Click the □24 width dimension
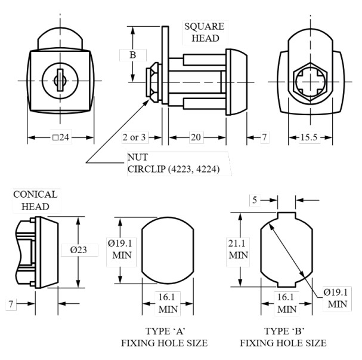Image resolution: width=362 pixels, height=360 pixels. tap(61, 138)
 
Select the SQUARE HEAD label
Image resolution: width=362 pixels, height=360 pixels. tap(204, 32)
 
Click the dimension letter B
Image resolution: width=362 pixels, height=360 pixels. tap(133, 55)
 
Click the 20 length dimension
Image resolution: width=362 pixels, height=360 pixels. tap(195, 138)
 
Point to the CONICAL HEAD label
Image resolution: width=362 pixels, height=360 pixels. tap(35, 201)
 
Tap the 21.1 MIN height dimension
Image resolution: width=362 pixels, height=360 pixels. tap(238, 249)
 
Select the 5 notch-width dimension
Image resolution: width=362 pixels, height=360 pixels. tap(255, 200)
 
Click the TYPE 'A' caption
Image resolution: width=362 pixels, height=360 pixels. tap(165, 331)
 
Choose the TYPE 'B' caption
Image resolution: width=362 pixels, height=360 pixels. tap(283, 331)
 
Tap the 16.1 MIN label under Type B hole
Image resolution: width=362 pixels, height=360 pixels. tap(287, 303)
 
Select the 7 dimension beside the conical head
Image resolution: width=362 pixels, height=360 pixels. tap(11, 304)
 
